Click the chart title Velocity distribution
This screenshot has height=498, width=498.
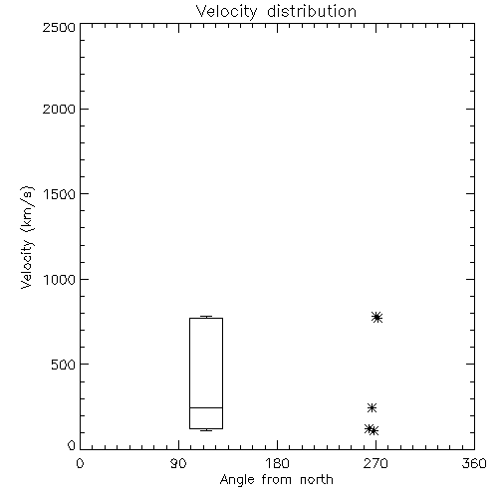coord(276,11)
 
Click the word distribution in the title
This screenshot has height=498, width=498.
coord(312,11)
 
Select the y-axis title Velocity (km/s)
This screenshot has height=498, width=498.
coord(27,237)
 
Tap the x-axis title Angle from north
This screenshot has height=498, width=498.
coord(277,480)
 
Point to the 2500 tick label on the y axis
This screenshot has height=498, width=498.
coord(59,27)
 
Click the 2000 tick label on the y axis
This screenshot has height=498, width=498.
coord(59,109)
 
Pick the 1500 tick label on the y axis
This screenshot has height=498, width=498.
coord(60,194)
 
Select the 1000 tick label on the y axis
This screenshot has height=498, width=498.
coord(60,280)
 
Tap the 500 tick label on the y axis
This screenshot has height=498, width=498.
coord(64,365)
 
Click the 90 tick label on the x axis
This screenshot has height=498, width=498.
coord(178,463)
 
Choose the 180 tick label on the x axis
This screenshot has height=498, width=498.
coord(277,463)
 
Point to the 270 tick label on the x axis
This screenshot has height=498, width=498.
coord(375,463)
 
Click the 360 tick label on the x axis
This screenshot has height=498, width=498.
coord(474,463)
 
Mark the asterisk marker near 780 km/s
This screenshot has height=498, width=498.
coord(376,318)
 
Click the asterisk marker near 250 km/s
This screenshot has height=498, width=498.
coord(372,407)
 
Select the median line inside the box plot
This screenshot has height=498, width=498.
coord(206,407)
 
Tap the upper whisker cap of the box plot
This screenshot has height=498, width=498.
coord(206,317)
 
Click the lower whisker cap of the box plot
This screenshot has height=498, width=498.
coord(206,430)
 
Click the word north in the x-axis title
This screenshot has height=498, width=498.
coord(317,480)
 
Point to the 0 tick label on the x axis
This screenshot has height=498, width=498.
coord(80,463)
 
